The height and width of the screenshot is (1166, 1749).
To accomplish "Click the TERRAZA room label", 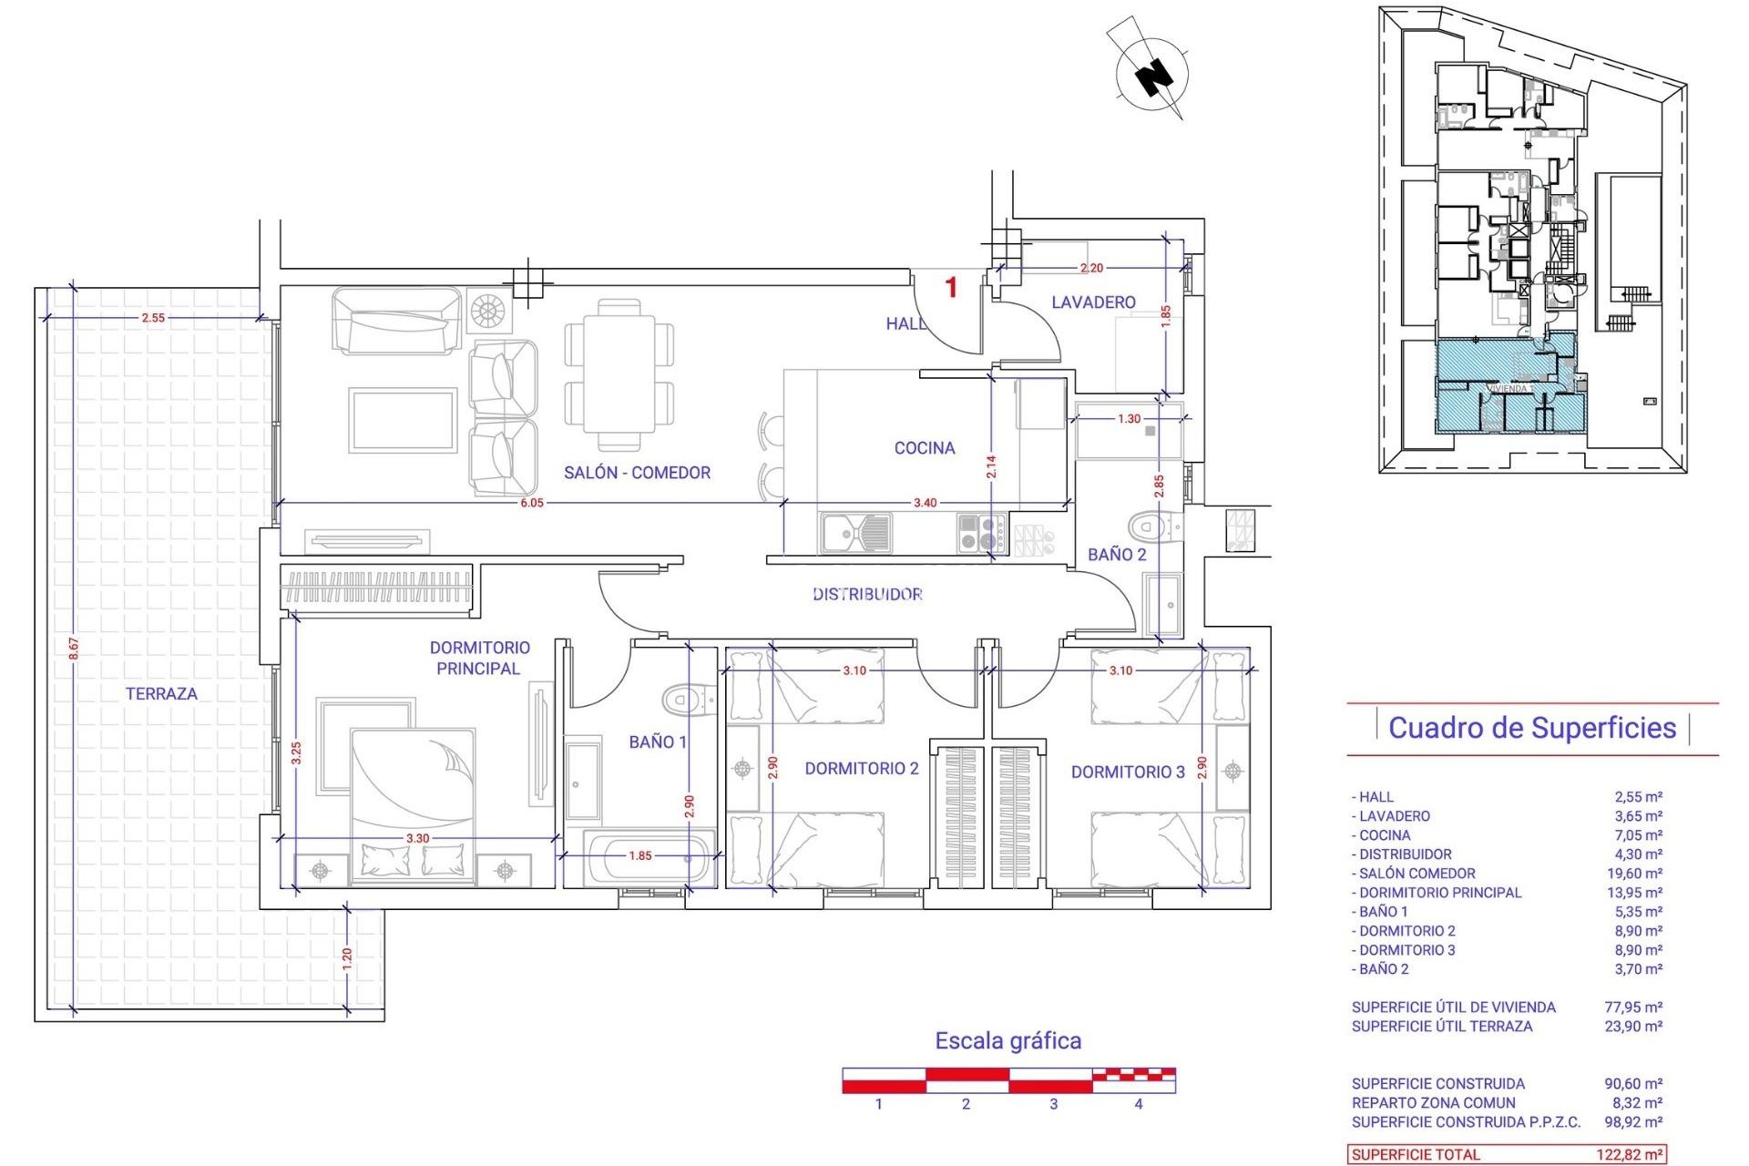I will (161, 693).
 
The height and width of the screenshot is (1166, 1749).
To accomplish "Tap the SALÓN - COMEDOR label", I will (637, 473).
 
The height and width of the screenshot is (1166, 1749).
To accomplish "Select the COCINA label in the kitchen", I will (925, 448).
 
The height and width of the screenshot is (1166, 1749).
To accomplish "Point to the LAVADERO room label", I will (1093, 302).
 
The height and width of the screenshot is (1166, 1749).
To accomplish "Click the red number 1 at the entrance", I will (951, 288).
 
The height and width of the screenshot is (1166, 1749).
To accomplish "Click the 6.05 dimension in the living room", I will (532, 503).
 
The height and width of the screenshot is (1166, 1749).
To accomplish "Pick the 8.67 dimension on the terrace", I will (74, 649).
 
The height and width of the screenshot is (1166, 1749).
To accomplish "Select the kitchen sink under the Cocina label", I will (855, 533).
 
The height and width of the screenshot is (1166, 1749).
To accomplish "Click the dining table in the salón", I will (619, 374).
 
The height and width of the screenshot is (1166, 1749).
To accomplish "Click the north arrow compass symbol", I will (1152, 73).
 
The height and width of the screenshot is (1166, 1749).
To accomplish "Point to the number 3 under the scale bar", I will (1053, 1104).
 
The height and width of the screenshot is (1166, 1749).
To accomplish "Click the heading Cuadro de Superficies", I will (1532, 728).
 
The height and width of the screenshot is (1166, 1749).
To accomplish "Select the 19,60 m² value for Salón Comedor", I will (1638, 874).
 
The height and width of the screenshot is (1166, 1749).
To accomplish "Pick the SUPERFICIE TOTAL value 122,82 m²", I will (1629, 1155).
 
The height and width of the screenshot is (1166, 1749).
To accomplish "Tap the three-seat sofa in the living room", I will (396, 321).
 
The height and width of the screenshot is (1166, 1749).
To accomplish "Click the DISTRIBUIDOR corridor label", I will (867, 595).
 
